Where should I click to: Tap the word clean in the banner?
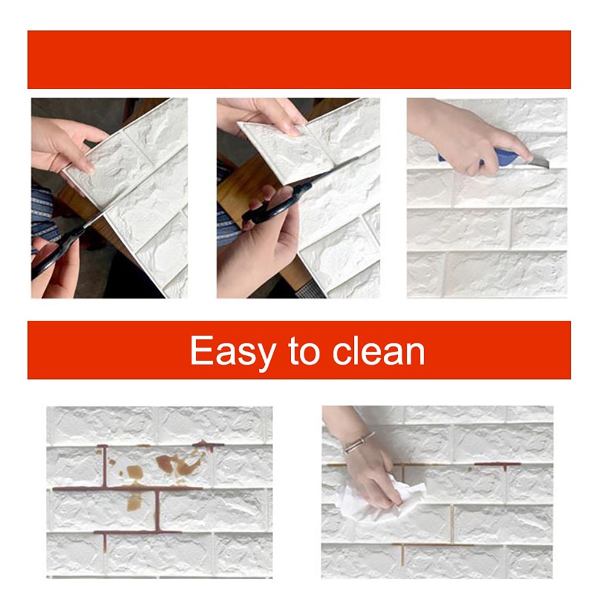pos(379,350)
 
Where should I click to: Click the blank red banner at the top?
pos(299,60)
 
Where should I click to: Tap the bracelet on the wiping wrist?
pos(359,442)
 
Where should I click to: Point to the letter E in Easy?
pos(201,350)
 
